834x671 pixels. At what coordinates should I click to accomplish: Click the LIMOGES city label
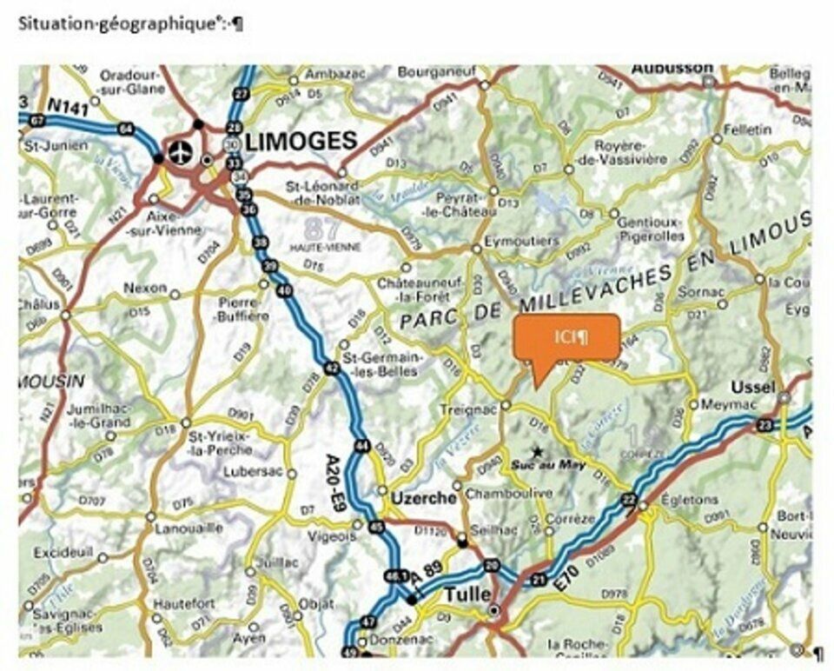coord(301,141)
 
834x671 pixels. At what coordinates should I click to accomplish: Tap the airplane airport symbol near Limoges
coord(180,149)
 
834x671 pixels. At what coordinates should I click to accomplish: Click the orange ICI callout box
coord(566,336)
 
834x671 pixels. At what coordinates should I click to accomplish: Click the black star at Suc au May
coord(539,451)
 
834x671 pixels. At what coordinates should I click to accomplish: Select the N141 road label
coord(69,106)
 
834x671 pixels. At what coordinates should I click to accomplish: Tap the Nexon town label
coord(144,287)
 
